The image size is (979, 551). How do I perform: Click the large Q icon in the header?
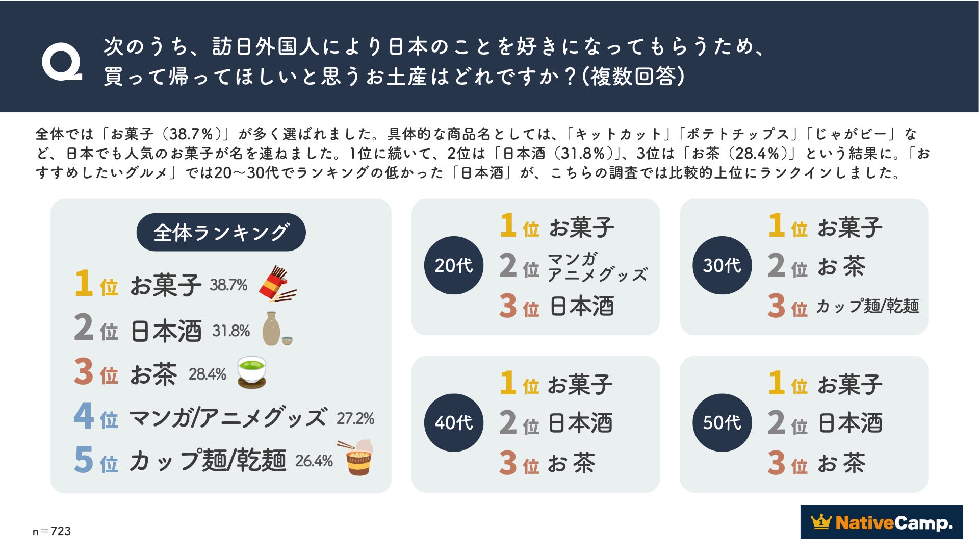click(62, 62)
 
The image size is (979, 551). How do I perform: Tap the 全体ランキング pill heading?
click(221, 232)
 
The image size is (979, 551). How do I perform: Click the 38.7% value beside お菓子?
click(228, 285)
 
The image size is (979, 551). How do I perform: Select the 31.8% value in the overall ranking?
click(231, 331)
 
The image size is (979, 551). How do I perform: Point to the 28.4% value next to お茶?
click(207, 374)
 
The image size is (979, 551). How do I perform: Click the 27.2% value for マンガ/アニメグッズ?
click(355, 419)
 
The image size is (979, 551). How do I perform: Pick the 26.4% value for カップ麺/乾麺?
click(314, 461)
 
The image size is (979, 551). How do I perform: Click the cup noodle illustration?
click(357, 458)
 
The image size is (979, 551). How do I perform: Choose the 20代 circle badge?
click(453, 265)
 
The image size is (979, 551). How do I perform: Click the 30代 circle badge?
click(722, 265)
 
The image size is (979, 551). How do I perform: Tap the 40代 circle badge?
click(453, 422)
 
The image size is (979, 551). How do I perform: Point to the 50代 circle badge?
click(722, 422)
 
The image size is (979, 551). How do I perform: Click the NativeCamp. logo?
click(881, 522)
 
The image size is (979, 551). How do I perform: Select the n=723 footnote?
click(51, 531)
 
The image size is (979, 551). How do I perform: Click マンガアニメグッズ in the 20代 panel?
click(597, 267)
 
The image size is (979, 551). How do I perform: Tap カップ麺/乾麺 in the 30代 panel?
click(867, 306)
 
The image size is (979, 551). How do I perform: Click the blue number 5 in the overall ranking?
click(84, 459)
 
